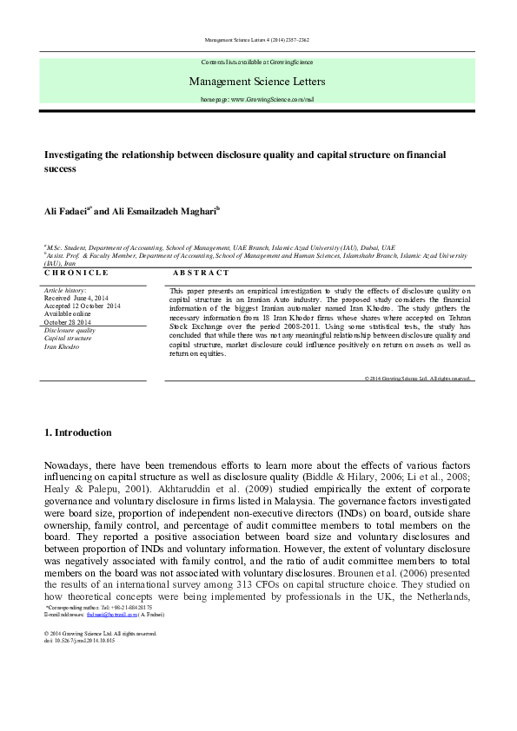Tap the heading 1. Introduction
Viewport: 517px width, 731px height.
(77, 432)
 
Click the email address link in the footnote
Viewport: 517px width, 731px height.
(116, 614)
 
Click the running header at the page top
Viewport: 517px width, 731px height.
(257, 41)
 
